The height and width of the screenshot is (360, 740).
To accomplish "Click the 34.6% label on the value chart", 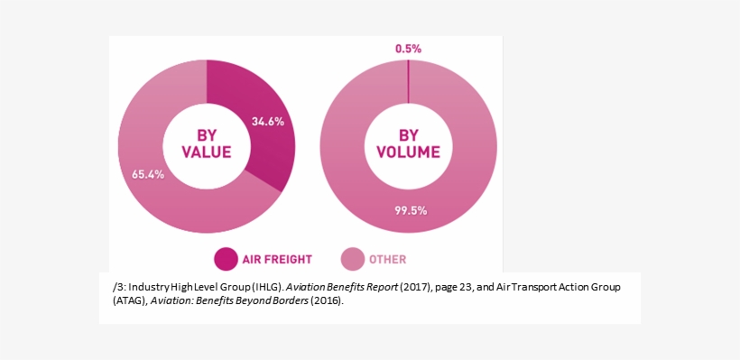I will pos(268,121).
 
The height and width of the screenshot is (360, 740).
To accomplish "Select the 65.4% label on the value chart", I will pos(148,174).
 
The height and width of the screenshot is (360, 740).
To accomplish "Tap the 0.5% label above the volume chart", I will pos(408,49).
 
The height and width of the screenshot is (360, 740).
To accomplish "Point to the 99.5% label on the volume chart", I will pos(411,210).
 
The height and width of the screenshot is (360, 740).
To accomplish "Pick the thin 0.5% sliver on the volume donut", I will pos(408,81).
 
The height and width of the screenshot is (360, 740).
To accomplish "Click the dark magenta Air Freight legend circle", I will pos(225,259).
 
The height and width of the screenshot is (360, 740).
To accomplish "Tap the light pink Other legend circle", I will pos(351,259).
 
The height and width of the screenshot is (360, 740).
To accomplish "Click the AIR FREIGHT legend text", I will pos(276,260).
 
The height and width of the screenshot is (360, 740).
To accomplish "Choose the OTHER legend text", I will pos(387,260).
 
